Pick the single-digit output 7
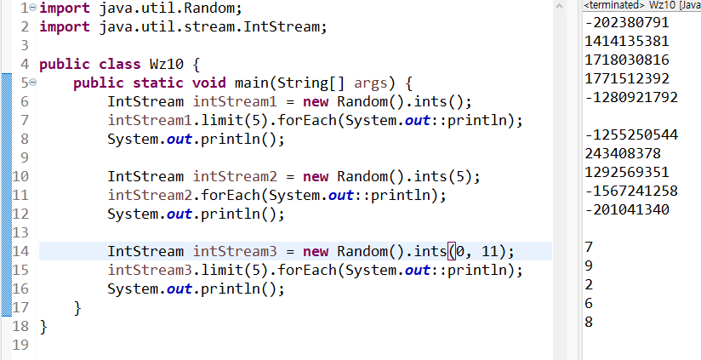click(x=590, y=247)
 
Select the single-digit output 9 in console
click(x=590, y=266)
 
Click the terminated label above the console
click(x=613, y=6)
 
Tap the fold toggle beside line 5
click(x=31, y=83)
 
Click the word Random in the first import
click(x=209, y=9)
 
